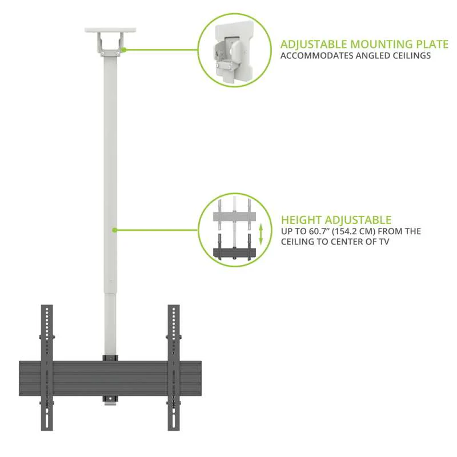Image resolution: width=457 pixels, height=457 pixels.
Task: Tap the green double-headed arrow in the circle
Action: [261, 234]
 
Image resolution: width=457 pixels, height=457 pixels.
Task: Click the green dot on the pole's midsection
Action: [114, 230]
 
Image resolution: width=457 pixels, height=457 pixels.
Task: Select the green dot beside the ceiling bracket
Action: [123, 50]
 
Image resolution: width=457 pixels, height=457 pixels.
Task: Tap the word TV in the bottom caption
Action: [382, 242]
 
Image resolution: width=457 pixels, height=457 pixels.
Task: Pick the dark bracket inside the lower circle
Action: [234, 251]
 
